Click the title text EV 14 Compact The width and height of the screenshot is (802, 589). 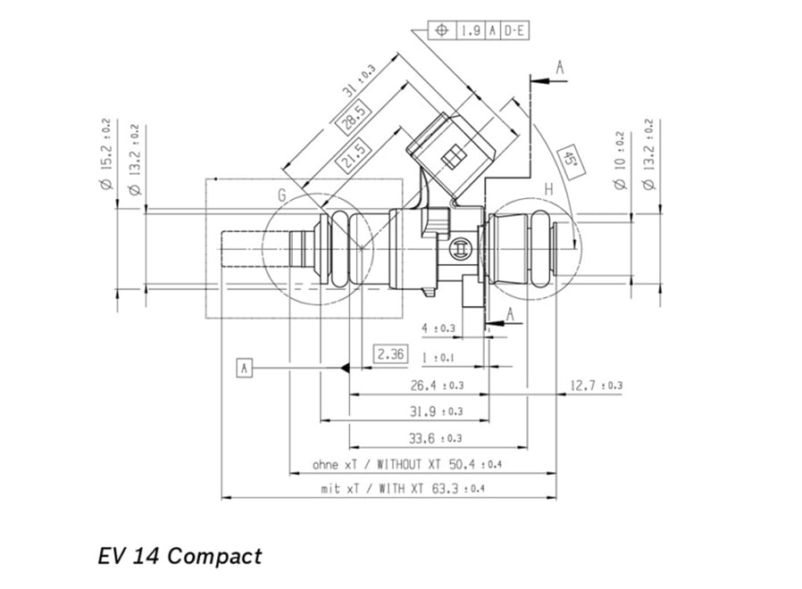click(180, 556)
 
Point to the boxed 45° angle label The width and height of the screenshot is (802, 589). click(568, 159)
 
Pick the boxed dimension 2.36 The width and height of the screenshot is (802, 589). click(390, 354)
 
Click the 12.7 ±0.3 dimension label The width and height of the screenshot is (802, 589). click(596, 385)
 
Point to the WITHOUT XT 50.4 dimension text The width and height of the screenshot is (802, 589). click(407, 465)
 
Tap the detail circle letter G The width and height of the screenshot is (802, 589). click(281, 195)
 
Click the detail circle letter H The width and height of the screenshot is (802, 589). click(548, 189)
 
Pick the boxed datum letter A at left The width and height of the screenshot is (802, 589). click(245, 366)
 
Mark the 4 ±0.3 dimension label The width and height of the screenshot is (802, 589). click(438, 328)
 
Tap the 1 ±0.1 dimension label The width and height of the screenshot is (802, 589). click(438, 357)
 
